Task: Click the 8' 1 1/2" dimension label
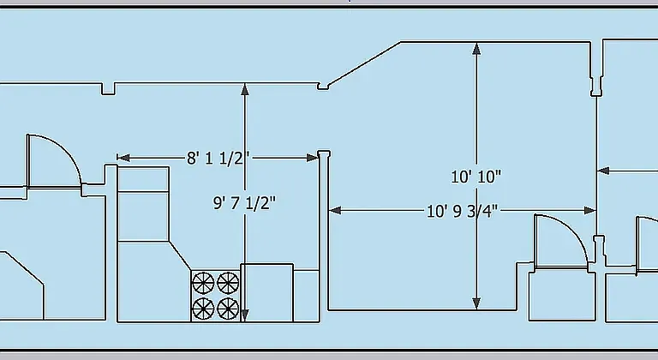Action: (x=218, y=159)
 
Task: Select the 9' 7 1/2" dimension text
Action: (x=245, y=203)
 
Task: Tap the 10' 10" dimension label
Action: (x=476, y=177)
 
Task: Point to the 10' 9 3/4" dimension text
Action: (x=462, y=211)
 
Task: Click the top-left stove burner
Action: (x=203, y=283)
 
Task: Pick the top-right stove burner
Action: (x=228, y=283)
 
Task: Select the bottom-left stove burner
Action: (x=203, y=309)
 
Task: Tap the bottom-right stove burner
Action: (x=228, y=309)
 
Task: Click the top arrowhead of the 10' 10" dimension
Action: (x=476, y=49)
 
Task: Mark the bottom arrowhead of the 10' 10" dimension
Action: (x=476, y=303)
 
